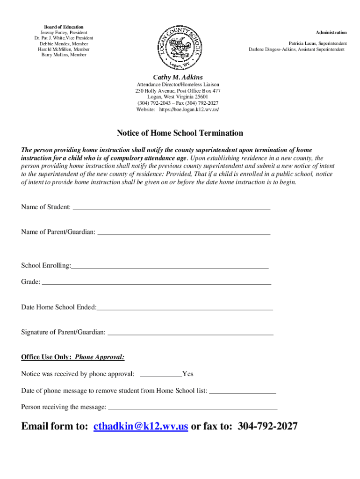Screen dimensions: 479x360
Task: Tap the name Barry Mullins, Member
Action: [64, 55]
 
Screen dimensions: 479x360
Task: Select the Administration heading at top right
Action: [331, 32]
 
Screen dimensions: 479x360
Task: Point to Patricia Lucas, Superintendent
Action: [317, 43]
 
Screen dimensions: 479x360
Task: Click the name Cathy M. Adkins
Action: [178, 77]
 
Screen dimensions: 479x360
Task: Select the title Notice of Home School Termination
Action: [180, 133]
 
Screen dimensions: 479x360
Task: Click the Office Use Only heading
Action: [46, 357]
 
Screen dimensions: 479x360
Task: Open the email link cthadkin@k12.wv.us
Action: [141, 426]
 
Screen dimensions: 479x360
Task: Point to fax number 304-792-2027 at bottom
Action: [267, 426]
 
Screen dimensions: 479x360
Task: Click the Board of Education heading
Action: [64, 27]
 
